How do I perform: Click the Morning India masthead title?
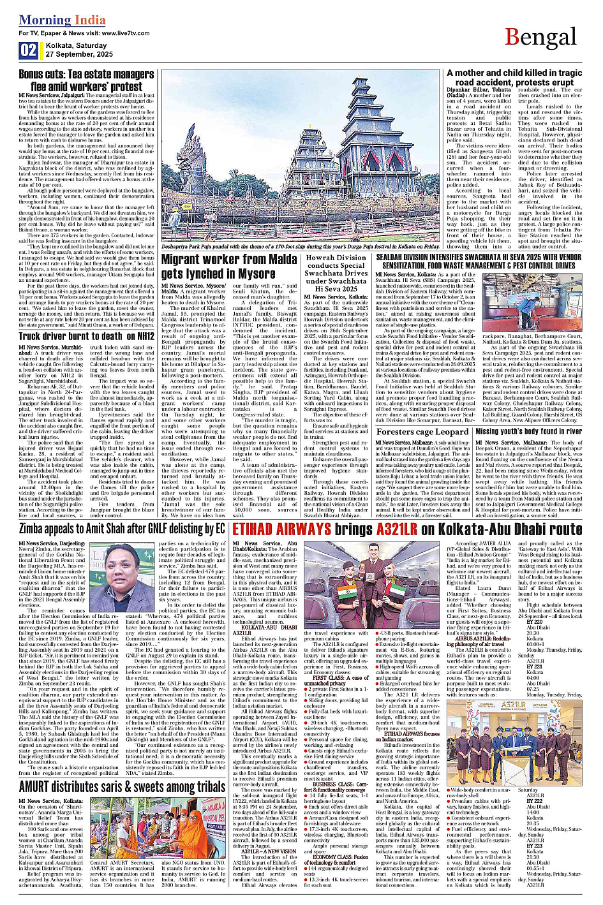point(54,20)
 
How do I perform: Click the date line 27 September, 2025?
point(79,54)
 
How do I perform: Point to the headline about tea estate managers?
point(86,80)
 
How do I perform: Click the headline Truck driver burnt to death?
point(86,336)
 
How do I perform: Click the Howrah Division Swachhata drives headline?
point(336,273)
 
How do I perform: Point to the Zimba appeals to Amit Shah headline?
point(122,529)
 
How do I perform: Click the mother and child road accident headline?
point(514,78)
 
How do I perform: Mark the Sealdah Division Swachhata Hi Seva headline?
point(479,261)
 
